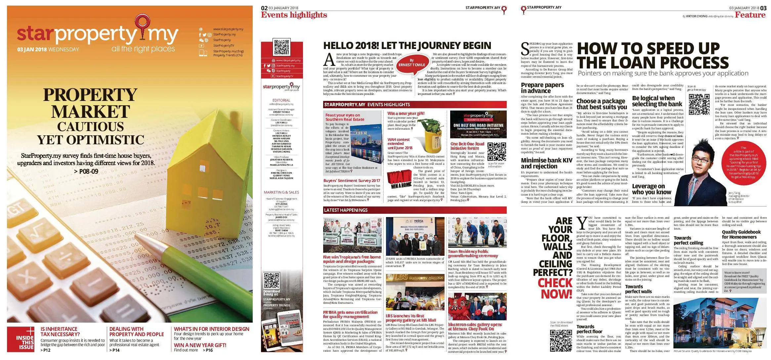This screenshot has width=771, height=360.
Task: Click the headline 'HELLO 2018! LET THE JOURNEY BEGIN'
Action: pos(407,46)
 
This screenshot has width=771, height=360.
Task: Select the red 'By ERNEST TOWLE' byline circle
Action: pos(411,63)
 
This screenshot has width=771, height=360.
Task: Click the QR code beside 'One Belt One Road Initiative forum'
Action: pos(496,152)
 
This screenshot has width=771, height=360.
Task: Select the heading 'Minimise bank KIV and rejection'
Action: pos(546,163)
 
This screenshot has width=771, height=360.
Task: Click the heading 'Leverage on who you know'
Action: pos(651,189)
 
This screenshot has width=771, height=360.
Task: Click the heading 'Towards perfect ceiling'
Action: pos(688,240)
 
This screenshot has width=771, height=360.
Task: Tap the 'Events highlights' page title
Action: pos(294,15)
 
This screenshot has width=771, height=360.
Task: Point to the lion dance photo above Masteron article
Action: pos(477,306)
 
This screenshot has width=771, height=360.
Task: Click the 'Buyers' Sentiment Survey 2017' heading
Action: pos(352,181)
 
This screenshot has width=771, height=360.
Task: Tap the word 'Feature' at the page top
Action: pos(750,15)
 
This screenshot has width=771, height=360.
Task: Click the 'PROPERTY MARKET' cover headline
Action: pos(90,103)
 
